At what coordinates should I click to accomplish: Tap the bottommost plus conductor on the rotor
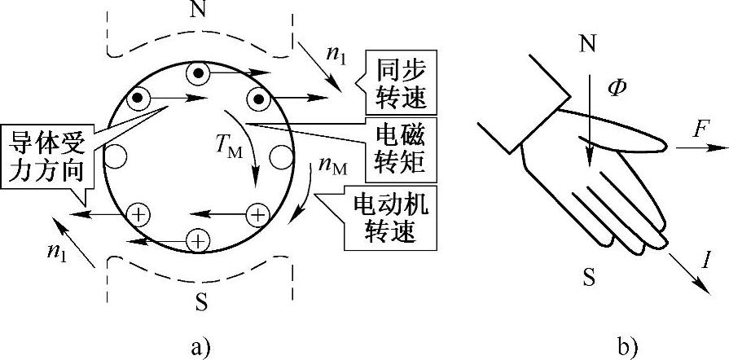tap(197, 240)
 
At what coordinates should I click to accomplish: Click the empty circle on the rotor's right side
tap(281, 155)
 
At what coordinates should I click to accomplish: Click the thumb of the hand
tap(643, 143)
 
